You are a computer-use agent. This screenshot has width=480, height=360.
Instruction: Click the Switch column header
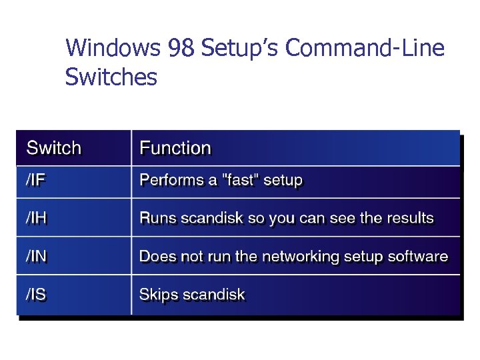click(54, 148)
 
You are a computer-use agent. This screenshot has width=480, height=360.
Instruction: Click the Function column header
click(175, 148)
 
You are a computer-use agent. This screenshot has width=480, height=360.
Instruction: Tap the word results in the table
click(409, 218)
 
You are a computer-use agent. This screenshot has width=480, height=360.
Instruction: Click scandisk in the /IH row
click(207, 218)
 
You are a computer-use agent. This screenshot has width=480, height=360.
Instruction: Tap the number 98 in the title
click(181, 48)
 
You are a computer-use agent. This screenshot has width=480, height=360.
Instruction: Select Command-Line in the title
click(366, 48)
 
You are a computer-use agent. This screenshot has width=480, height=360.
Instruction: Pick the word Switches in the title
click(111, 77)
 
